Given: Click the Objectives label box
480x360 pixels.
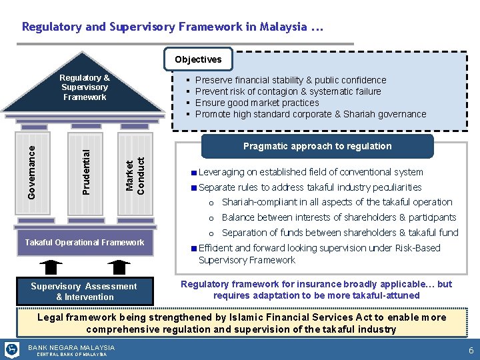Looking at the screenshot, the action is click(198, 59).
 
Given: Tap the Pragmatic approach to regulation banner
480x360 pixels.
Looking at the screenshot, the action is click(317, 146).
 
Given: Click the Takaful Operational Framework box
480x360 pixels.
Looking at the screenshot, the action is click(85, 242).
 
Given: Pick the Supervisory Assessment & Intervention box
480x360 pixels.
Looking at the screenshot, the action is click(85, 291).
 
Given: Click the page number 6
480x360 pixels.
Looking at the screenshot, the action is click(471, 351).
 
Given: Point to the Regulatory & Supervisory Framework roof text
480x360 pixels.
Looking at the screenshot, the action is click(85, 87).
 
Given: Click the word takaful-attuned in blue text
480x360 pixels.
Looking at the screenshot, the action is click(387, 295).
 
